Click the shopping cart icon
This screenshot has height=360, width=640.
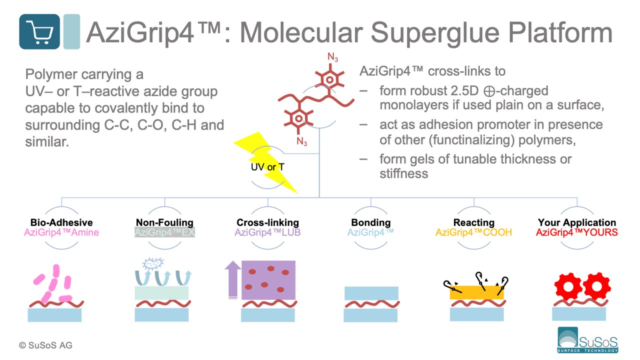tap(39, 31)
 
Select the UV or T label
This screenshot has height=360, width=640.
tap(267, 167)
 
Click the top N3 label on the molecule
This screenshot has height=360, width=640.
tap(333, 57)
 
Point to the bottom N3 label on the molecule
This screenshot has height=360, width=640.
tap(301, 141)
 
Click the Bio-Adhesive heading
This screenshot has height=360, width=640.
tap(61, 222)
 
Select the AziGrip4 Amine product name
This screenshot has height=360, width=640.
tap(61, 232)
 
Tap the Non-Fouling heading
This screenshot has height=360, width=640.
tap(164, 222)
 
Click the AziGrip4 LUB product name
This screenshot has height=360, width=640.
tap(267, 232)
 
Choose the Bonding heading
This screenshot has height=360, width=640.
tap(371, 222)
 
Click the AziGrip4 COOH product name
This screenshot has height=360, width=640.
tap(473, 232)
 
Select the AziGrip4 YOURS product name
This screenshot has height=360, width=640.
tap(577, 232)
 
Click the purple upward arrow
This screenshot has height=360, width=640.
tap(233, 279)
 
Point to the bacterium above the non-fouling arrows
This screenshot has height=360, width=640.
tap(153, 263)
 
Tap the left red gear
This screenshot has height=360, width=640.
tap(568, 287)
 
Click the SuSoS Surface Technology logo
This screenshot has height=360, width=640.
tap(587, 340)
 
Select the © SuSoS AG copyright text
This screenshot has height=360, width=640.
tap(45, 345)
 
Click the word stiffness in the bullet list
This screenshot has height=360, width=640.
tap(403, 173)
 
